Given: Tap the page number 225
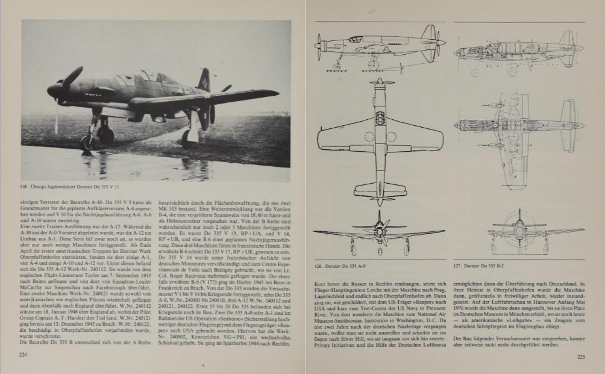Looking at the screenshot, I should [x=581, y=357].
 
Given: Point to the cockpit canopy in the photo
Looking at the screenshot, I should [x=146, y=78].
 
